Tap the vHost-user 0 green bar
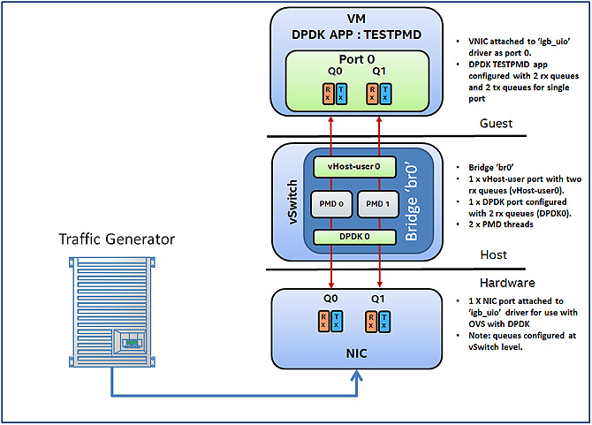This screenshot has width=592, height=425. tap(353, 165)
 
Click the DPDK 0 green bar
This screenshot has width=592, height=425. tap(353, 237)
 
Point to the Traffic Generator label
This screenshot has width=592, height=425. tap(117, 239)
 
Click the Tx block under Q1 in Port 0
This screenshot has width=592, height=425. tap(387, 93)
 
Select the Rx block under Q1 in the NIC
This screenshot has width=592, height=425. tap(375, 321)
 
